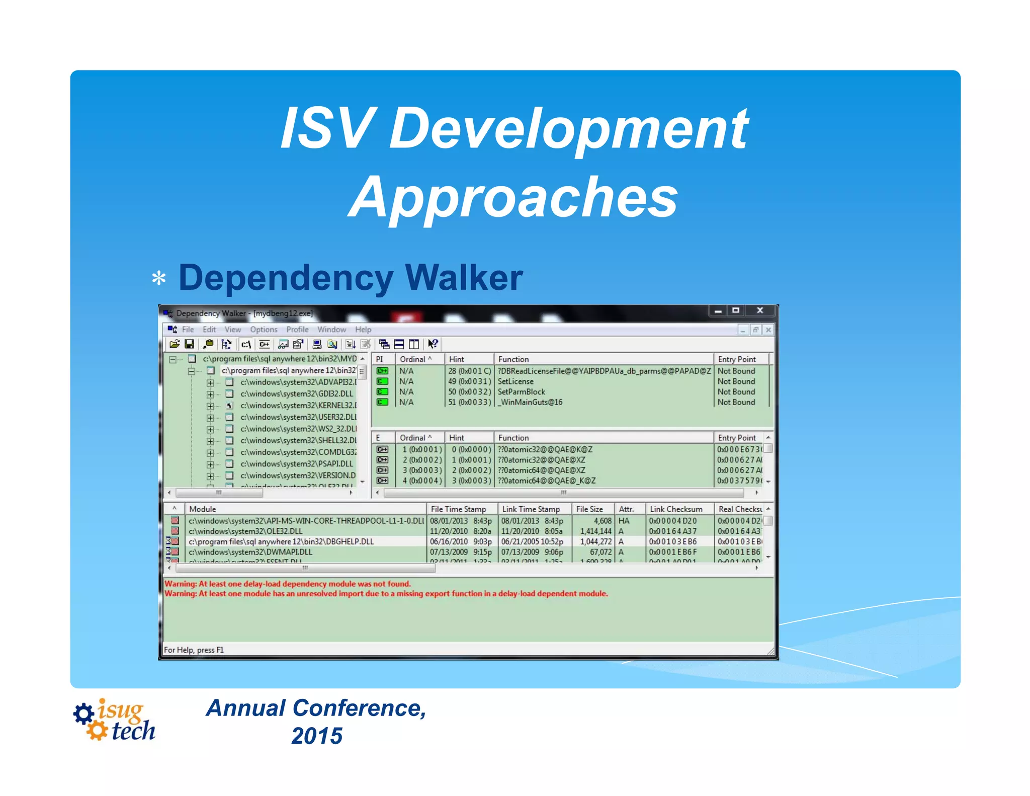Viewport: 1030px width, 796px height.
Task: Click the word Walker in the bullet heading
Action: pyautogui.click(x=463, y=278)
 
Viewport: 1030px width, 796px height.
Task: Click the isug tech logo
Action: pyautogui.click(x=115, y=720)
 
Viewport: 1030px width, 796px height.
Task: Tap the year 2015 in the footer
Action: pyautogui.click(x=317, y=736)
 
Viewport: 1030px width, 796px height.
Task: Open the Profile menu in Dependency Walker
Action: pyautogui.click(x=297, y=330)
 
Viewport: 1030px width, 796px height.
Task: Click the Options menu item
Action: pyautogui.click(x=264, y=330)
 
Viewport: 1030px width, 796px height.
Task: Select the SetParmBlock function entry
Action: pyautogui.click(x=521, y=391)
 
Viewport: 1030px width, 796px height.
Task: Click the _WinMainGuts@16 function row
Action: pyautogui.click(x=530, y=402)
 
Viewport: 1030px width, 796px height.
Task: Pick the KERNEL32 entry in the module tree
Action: pyautogui.click(x=298, y=406)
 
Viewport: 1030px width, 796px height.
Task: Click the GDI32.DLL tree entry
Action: pyautogui.click(x=296, y=393)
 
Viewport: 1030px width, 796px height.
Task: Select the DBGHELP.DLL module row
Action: pyautogui.click(x=281, y=541)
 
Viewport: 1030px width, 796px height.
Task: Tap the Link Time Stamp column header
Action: pyautogui.click(x=531, y=509)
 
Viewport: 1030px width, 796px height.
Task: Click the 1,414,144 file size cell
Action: pyautogui.click(x=595, y=531)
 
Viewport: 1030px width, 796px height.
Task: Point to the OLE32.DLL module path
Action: pyautogui.click(x=245, y=531)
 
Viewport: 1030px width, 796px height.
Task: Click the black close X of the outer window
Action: pyautogui.click(x=760, y=310)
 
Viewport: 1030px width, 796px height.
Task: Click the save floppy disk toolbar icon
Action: pyautogui.click(x=189, y=344)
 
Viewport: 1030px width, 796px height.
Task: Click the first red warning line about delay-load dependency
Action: pyautogui.click(x=288, y=584)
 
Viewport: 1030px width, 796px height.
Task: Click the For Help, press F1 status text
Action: pyautogui.click(x=194, y=650)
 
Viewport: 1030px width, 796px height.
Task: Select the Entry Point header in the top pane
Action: pyautogui.click(x=736, y=359)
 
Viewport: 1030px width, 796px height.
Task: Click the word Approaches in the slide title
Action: pyautogui.click(x=513, y=197)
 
